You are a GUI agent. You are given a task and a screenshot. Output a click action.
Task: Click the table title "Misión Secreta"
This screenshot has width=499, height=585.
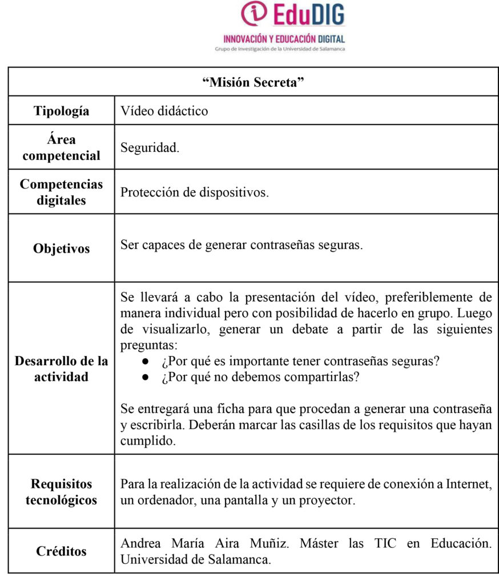(x=253, y=82)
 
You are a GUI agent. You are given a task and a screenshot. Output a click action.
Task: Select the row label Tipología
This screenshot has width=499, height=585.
(x=61, y=111)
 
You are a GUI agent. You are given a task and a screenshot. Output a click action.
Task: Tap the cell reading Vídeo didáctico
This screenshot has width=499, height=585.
(x=164, y=111)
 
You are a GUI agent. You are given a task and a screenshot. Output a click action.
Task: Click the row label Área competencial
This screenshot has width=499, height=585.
(x=61, y=147)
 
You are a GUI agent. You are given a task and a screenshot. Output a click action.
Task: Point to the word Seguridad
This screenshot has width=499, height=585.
(x=150, y=147)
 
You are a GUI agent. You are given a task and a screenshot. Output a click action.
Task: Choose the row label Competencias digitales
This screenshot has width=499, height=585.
(x=61, y=192)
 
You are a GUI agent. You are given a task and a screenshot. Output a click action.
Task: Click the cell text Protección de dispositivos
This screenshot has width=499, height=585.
(x=194, y=192)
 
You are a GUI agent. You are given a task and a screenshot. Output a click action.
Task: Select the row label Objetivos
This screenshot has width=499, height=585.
(x=61, y=249)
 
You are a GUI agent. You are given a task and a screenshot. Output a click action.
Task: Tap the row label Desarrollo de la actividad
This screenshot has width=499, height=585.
(x=61, y=368)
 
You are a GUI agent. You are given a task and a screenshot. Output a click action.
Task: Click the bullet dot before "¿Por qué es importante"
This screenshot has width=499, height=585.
(x=146, y=362)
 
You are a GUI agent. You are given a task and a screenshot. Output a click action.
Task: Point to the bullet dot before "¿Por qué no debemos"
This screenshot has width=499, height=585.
(x=146, y=378)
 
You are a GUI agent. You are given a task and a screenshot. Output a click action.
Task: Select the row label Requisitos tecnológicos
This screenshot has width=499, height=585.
(x=61, y=492)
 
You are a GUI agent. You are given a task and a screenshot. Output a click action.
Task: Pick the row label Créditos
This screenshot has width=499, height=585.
(x=61, y=551)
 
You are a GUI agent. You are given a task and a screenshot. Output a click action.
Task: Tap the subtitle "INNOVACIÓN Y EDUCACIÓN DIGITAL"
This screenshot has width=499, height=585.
(x=284, y=39)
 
